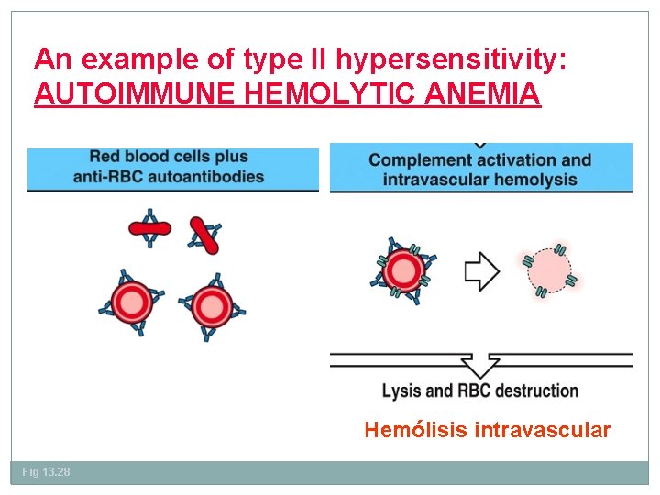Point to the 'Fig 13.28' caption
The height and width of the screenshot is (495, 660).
tap(46, 471)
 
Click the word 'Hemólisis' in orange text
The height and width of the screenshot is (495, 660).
tap(415, 429)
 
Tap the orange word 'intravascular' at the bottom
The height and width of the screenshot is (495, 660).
tap(542, 429)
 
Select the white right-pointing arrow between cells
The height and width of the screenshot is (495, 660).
tap(480, 271)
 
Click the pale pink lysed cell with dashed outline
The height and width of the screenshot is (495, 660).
tap(550, 273)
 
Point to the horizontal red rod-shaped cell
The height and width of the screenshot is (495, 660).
tap(149, 228)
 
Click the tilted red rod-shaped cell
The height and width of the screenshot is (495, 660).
tap(203, 236)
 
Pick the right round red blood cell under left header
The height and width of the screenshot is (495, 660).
tap(211, 307)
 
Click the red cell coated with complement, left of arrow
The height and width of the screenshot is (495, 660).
tap(403, 270)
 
